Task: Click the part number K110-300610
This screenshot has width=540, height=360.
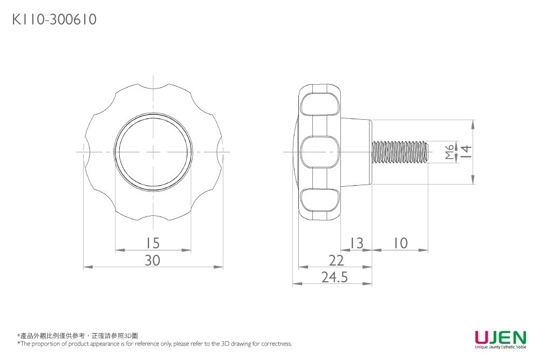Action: tap(54, 20)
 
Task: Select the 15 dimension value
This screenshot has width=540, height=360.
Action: tap(153, 243)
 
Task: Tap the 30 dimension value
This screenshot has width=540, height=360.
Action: tap(153, 260)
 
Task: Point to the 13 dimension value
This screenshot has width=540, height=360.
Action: tap(357, 243)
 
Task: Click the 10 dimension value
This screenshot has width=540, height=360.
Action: tap(400, 243)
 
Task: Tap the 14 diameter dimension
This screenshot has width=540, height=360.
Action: tap(466, 152)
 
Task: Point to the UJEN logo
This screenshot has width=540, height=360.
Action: tap(500, 338)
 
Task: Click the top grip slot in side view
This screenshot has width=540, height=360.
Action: tap(320, 104)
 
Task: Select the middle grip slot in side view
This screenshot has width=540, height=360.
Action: tap(320, 152)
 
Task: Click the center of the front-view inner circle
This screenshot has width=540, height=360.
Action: tap(153, 152)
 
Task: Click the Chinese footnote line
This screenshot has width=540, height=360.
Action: tap(78, 336)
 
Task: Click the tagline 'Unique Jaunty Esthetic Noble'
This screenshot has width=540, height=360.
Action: tap(500, 347)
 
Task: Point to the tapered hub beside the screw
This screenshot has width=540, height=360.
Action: tap(356, 152)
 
